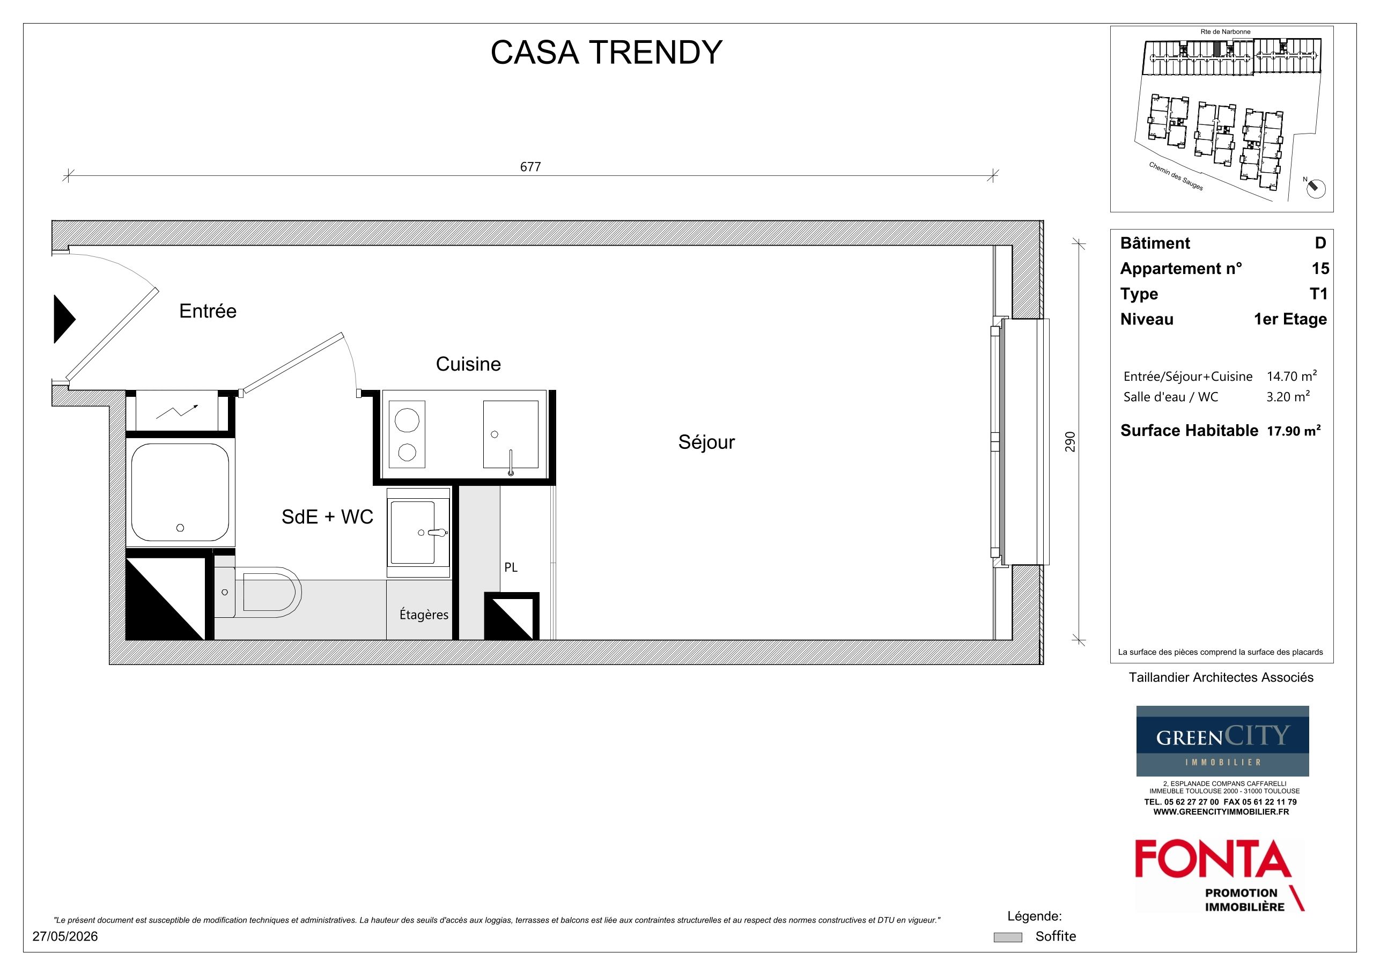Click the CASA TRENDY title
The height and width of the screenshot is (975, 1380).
point(606,53)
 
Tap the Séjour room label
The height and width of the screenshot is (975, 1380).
point(706,442)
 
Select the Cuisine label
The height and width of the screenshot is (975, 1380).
point(468,364)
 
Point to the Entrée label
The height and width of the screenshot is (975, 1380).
point(208,311)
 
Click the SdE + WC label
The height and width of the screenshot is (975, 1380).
point(328,517)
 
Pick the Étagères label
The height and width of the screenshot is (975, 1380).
point(424,614)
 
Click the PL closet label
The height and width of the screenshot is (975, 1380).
point(511,567)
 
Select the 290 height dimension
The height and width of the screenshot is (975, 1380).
point(1070,442)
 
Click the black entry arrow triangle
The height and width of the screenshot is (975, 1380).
point(64,319)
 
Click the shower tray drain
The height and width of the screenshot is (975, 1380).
point(180,528)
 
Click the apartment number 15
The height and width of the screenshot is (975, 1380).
point(1320,269)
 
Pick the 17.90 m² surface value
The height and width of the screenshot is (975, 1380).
point(1294,431)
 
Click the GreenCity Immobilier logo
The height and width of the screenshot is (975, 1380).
point(1222,741)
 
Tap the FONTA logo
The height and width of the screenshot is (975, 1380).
point(1220,875)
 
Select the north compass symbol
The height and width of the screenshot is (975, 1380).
point(1316,188)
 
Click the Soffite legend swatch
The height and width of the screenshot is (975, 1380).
point(1008,937)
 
